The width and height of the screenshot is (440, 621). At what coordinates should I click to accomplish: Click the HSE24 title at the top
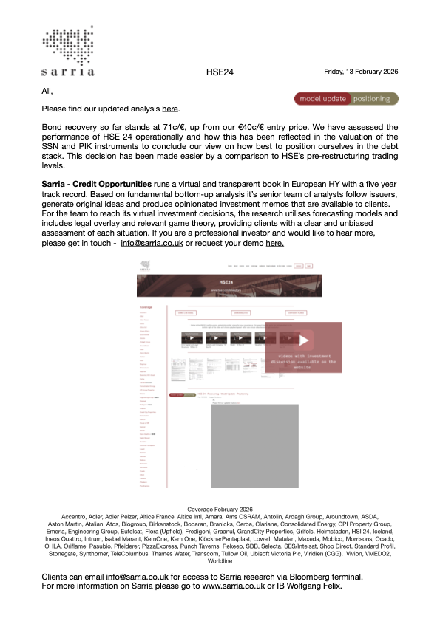(x=220, y=72)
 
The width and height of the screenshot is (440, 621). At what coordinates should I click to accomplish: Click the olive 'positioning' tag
(x=374, y=98)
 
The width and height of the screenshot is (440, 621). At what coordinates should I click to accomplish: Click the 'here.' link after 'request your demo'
(x=274, y=242)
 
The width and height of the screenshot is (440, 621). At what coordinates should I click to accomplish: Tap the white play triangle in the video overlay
(x=305, y=340)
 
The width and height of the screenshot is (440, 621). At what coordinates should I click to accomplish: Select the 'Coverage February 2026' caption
(x=220, y=510)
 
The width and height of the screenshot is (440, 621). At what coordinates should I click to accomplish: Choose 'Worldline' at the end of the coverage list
(x=220, y=560)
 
